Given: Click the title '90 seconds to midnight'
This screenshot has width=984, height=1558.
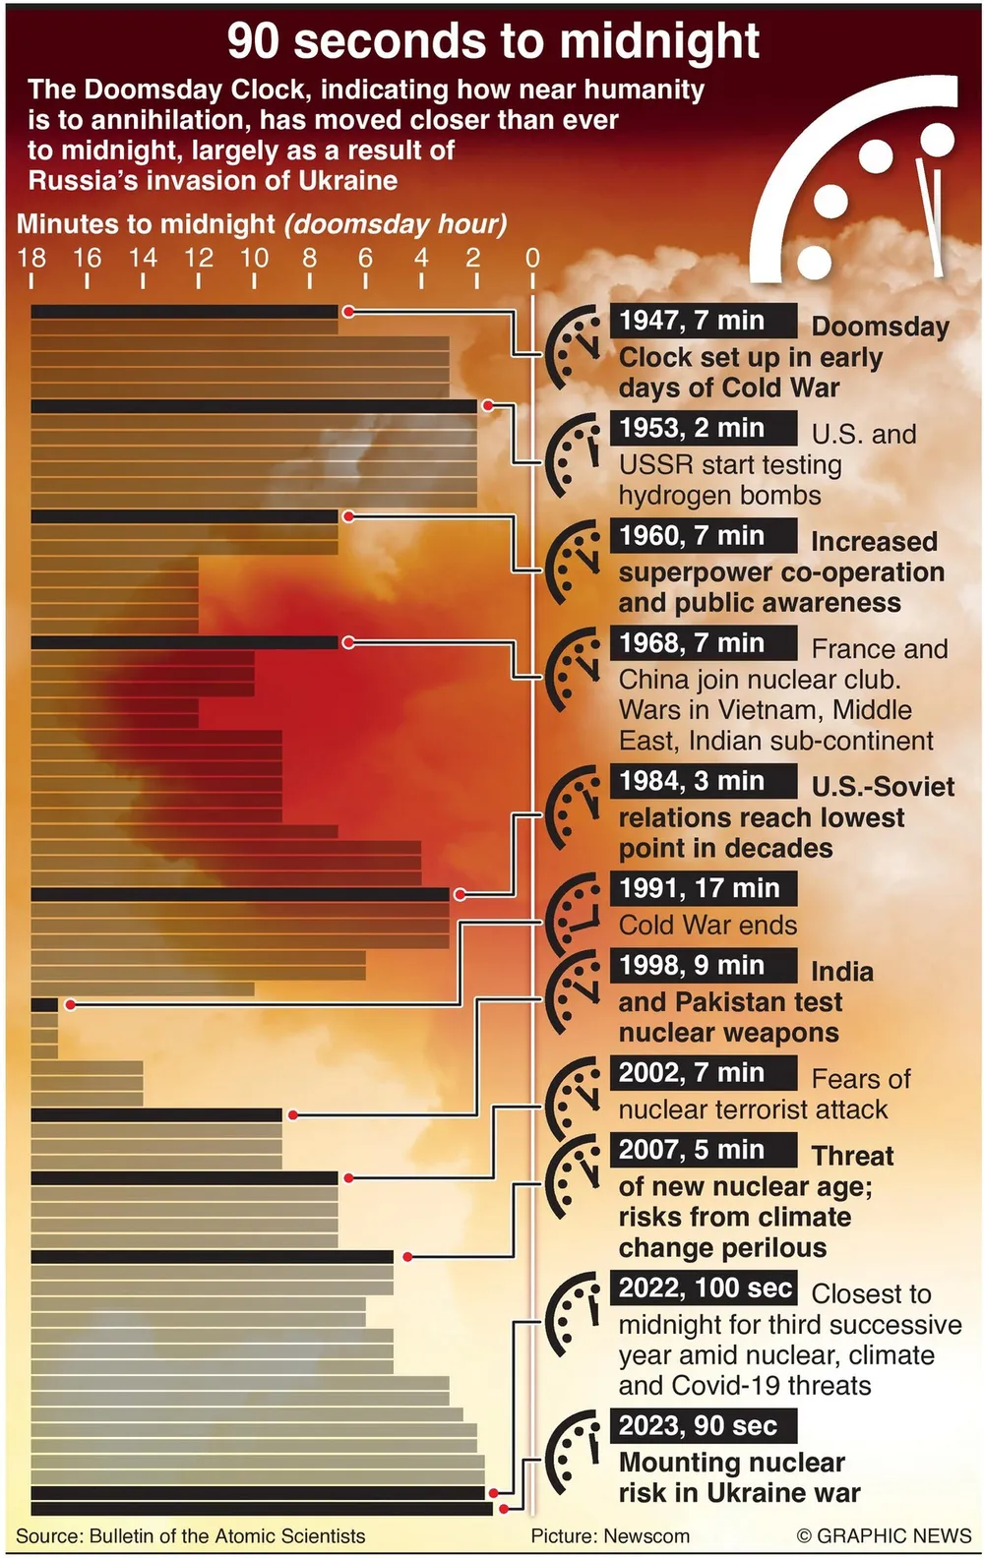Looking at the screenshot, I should click(x=493, y=41).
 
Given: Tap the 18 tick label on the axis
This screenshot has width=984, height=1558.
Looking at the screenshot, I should click(x=31, y=259).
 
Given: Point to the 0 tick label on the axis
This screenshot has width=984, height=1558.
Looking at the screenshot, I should click(x=532, y=259).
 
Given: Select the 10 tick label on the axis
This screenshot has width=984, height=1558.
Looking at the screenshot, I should click(x=254, y=259).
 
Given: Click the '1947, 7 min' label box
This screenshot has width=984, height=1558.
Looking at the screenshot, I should click(x=703, y=321).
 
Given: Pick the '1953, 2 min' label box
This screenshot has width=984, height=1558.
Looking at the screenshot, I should click(x=703, y=428).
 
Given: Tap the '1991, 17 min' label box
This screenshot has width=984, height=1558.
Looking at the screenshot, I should click(x=703, y=888).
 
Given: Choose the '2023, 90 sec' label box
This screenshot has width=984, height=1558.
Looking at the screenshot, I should click(x=703, y=1425).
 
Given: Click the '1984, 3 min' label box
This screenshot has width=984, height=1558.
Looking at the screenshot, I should click(x=703, y=781).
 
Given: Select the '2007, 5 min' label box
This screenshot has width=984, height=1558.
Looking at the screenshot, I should click(x=703, y=1150).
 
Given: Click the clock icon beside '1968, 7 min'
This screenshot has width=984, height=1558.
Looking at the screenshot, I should click(x=573, y=670).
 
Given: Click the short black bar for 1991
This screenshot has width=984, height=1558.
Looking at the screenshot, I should click(x=44, y=1005).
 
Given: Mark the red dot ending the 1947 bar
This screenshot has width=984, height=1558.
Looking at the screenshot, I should click(x=347, y=312).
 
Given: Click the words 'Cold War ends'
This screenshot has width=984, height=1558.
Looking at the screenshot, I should click(x=707, y=926).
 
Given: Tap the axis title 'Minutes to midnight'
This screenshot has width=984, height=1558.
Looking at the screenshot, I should click(x=146, y=224).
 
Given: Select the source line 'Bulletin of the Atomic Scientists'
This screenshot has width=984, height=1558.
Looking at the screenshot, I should click(x=226, y=1536).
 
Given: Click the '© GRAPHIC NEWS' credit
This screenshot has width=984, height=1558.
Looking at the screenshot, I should click(x=884, y=1536).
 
